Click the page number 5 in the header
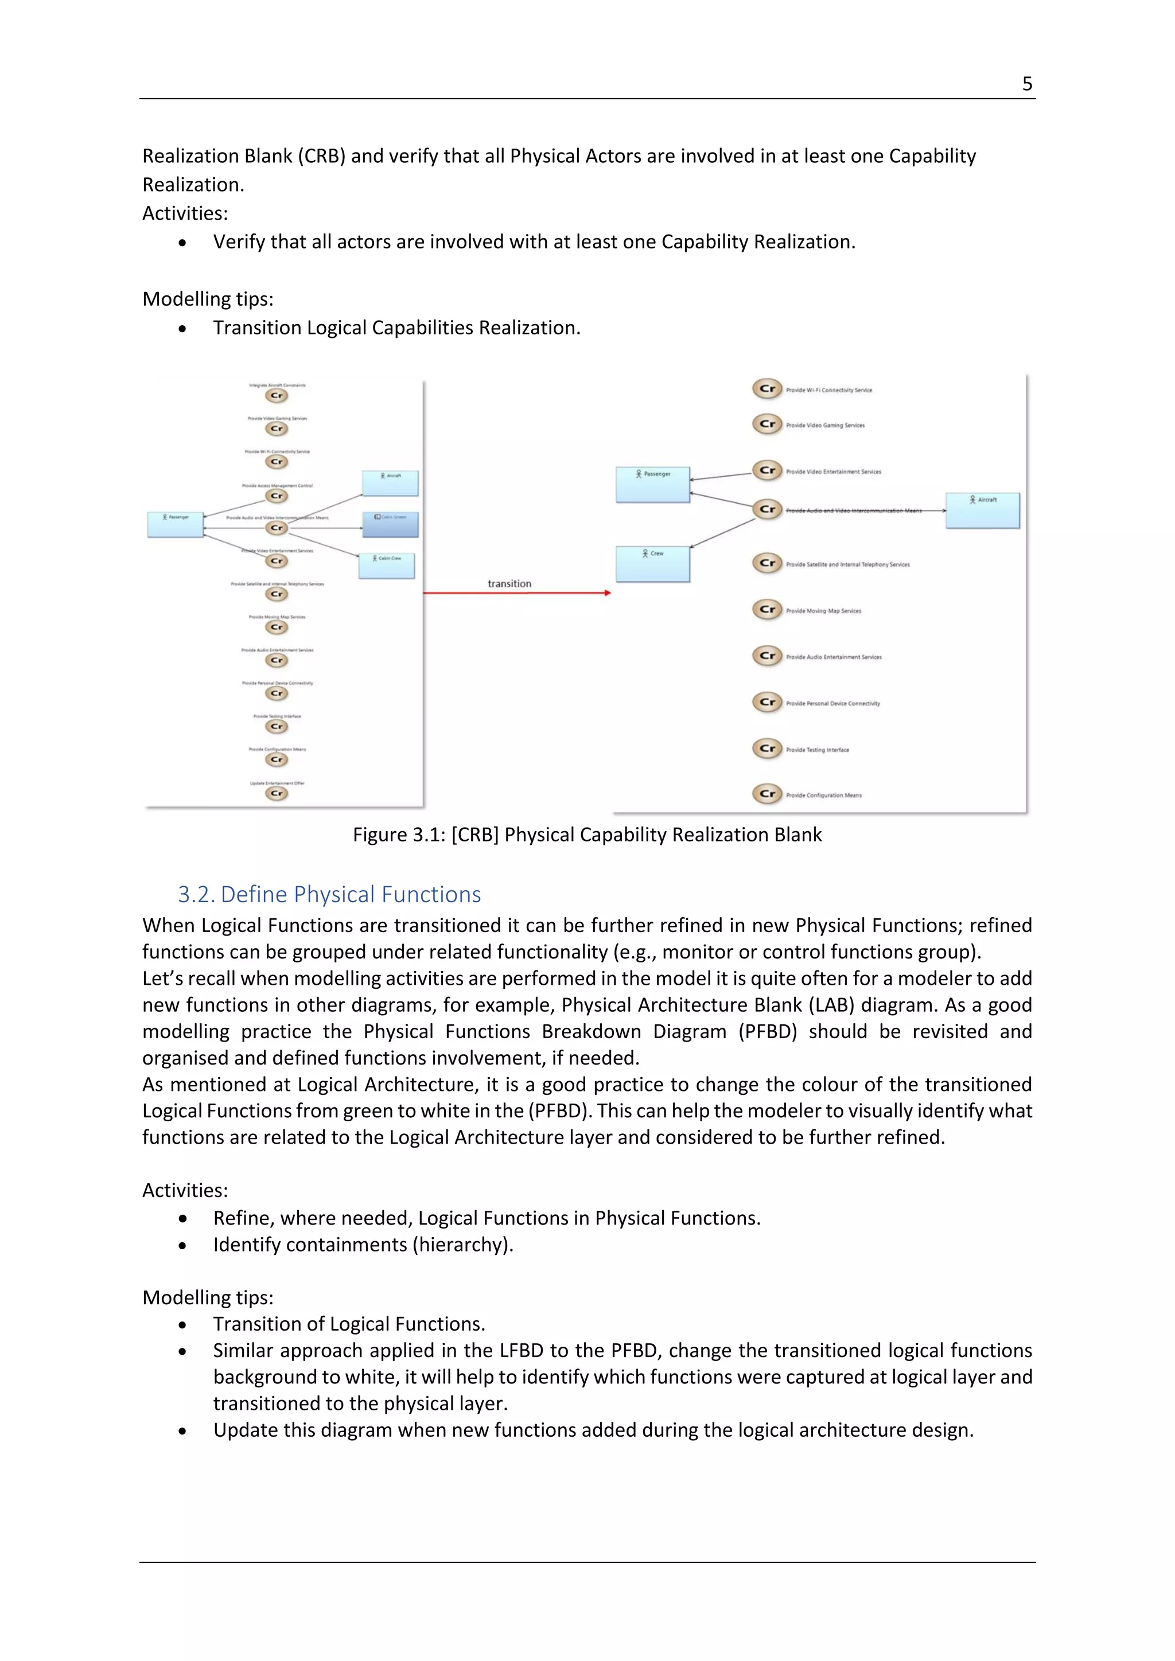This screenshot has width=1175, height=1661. coord(1026,84)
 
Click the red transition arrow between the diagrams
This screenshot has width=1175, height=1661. coord(516,593)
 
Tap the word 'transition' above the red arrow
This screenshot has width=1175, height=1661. coord(509,584)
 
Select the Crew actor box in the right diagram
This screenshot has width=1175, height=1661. coord(652,564)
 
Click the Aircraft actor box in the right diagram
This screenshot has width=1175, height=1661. coord(983,510)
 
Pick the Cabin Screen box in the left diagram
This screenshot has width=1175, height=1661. coord(391,524)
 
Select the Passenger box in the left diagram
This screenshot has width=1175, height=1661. coord(175,524)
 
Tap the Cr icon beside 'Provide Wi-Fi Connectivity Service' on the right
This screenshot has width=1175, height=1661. coord(767,389)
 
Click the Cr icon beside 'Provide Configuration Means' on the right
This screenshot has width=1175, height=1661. coord(767,794)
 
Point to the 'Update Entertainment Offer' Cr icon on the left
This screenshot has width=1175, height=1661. coord(277,794)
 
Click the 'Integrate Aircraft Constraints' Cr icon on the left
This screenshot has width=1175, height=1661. coord(277,396)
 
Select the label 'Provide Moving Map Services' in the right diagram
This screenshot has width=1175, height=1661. coord(823,611)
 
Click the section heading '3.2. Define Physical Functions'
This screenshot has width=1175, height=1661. coord(329,895)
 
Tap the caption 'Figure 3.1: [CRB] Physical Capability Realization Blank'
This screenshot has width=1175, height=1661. coord(587,835)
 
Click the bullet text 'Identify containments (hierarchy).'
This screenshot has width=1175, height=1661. coord(363,1245)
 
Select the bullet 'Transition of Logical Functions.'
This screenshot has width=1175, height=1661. coord(349,1324)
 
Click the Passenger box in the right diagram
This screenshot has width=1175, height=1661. coord(652,484)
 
